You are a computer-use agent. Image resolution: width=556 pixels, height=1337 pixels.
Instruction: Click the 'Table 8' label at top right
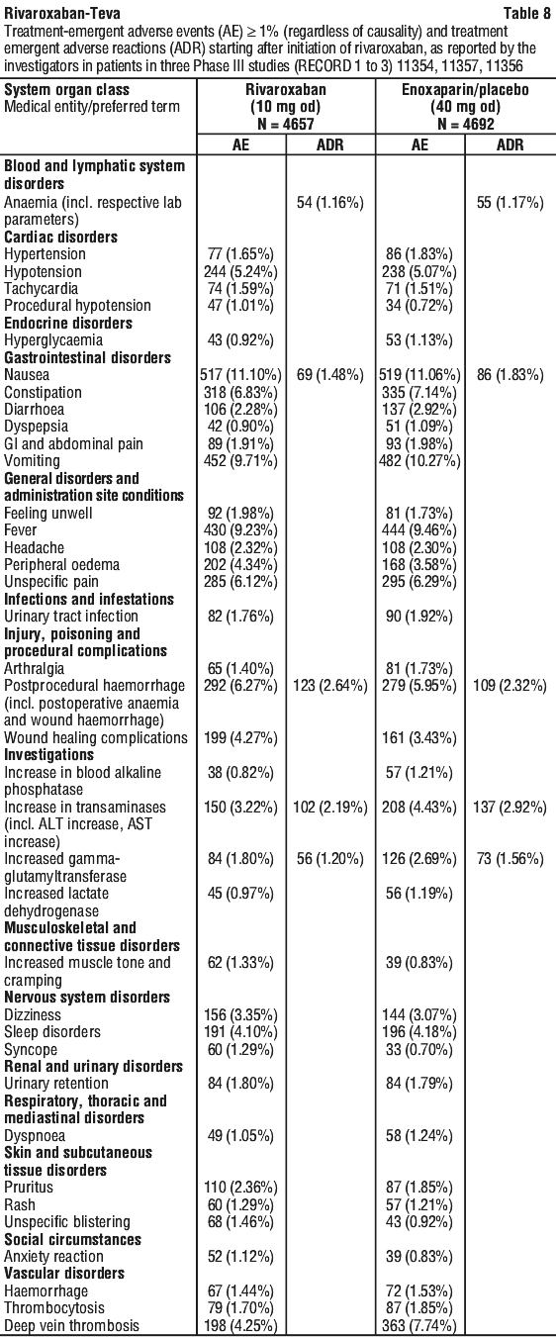[x=526, y=13]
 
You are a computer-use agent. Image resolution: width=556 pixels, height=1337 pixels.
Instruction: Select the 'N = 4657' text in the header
[x=286, y=124]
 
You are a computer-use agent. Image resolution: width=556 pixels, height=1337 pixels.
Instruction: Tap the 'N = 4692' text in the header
[x=465, y=124]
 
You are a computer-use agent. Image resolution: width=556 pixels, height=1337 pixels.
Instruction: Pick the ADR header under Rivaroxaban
[x=330, y=144]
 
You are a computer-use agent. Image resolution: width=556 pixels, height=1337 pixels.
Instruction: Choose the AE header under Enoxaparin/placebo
[x=420, y=144]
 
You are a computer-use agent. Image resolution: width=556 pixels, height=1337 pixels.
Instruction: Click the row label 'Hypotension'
[x=43, y=271]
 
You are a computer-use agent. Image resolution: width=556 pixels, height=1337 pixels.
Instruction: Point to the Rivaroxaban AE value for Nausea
[x=241, y=375]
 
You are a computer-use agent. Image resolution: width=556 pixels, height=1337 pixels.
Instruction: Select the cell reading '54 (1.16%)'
[x=330, y=202]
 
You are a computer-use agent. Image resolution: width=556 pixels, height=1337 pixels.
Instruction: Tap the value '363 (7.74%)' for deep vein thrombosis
[x=420, y=1326]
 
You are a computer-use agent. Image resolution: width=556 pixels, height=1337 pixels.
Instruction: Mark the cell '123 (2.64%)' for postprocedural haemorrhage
[x=330, y=685]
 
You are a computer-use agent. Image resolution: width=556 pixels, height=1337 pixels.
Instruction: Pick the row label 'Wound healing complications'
[x=96, y=737]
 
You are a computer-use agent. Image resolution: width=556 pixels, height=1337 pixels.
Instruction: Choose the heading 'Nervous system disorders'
[x=87, y=997]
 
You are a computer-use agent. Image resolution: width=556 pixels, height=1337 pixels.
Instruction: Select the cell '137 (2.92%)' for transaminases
[x=510, y=807]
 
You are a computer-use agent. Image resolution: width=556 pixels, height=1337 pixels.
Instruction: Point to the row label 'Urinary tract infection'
[x=71, y=616]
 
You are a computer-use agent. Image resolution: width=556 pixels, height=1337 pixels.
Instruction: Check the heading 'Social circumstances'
[x=73, y=1239]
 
